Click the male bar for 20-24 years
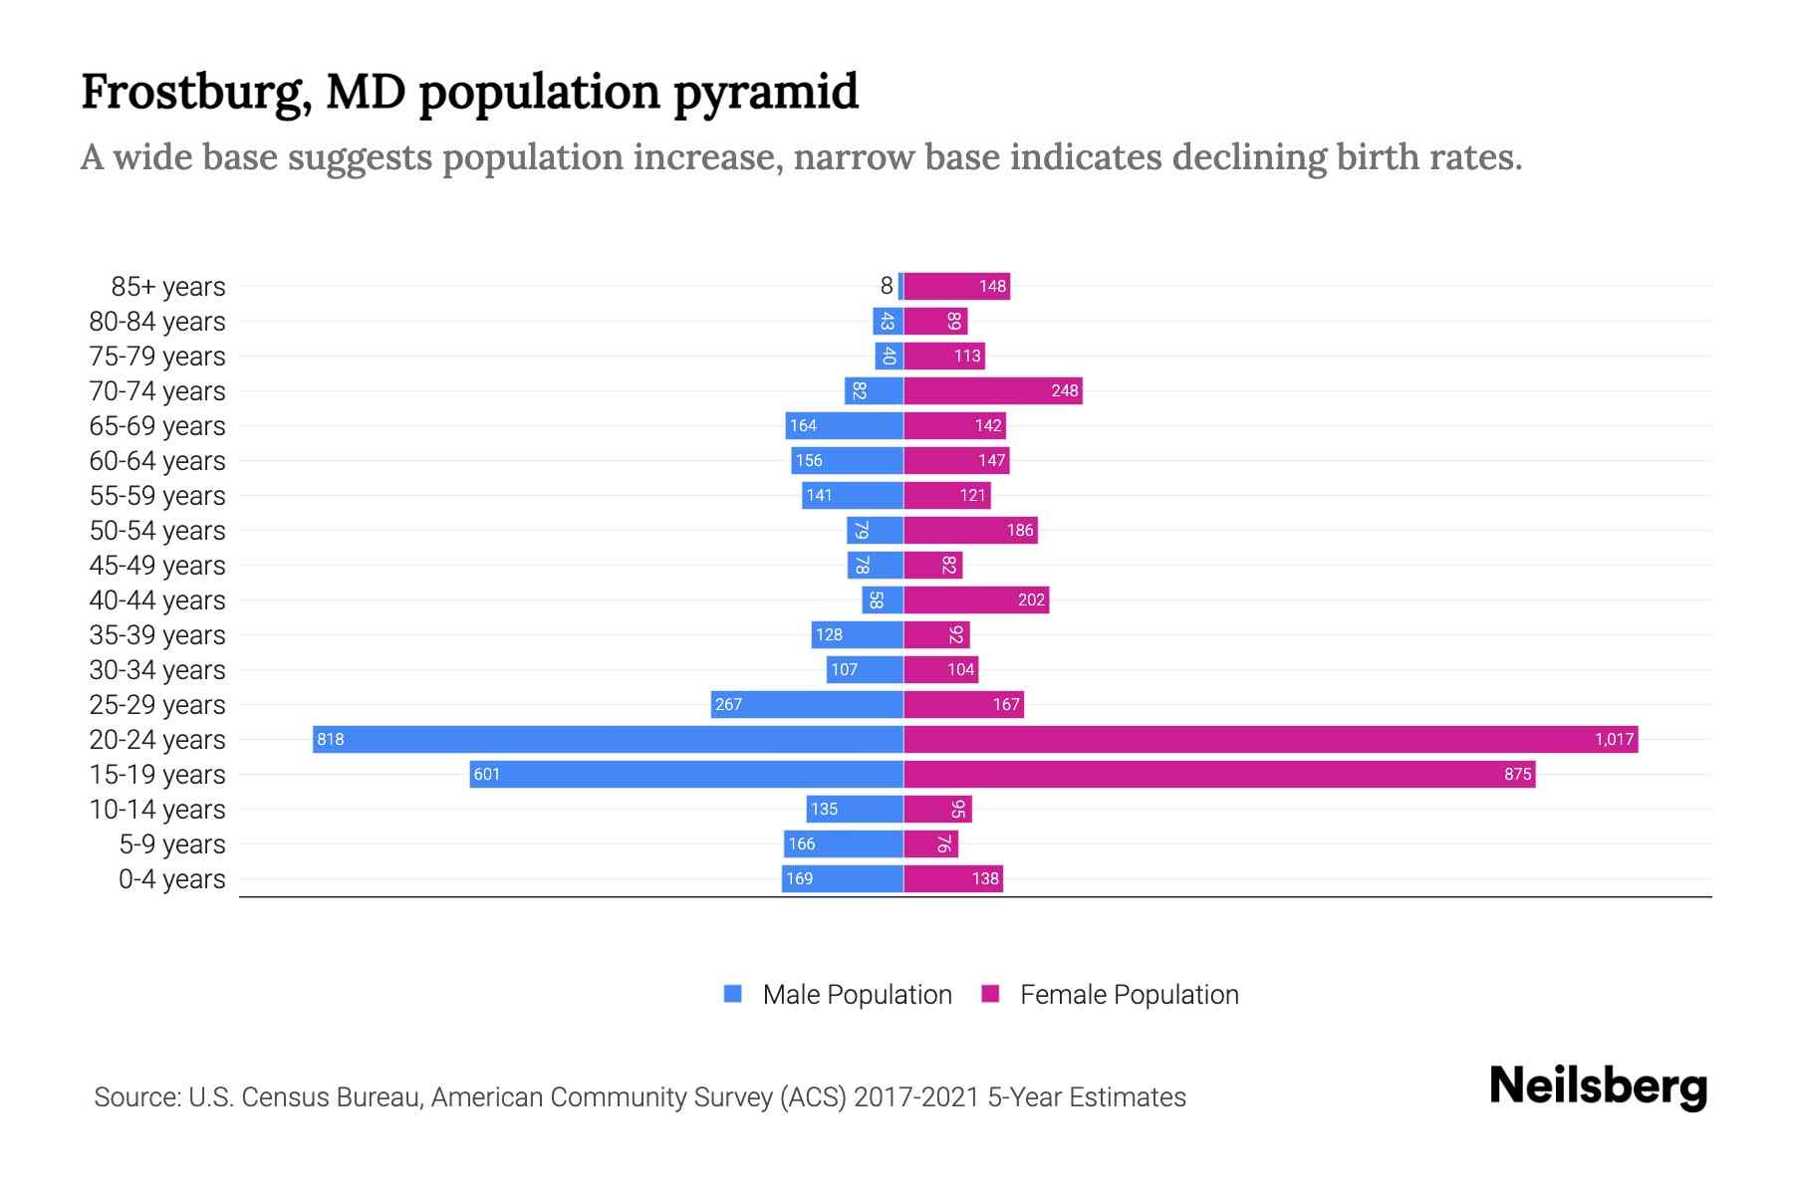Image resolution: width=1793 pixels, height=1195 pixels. [x=608, y=739]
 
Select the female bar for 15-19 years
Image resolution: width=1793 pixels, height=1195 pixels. [x=1219, y=774]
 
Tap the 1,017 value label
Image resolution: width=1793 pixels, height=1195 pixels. [x=1614, y=739]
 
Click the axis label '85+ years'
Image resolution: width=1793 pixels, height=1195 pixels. [x=167, y=287]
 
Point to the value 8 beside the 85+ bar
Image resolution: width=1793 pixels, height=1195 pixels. [x=886, y=286]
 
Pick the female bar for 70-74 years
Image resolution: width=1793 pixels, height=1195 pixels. [x=992, y=390]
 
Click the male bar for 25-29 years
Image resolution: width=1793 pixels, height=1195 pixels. [x=807, y=704]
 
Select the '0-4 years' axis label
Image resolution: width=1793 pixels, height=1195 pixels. [x=171, y=879]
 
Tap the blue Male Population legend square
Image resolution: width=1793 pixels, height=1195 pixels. [x=733, y=994]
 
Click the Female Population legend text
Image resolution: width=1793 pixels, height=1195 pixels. [x=1129, y=995]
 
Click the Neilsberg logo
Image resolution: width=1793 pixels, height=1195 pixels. [x=1598, y=1086]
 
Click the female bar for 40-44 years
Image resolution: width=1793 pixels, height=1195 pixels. [x=976, y=599]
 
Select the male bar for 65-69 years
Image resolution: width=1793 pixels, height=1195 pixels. [x=844, y=425]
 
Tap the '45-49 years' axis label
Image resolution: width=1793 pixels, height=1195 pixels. [x=157, y=566]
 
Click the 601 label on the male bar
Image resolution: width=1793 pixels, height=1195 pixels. [x=486, y=774]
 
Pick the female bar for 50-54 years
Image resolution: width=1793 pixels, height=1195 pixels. [x=970, y=530]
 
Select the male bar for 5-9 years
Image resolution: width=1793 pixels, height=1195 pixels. [x=844, y=843]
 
